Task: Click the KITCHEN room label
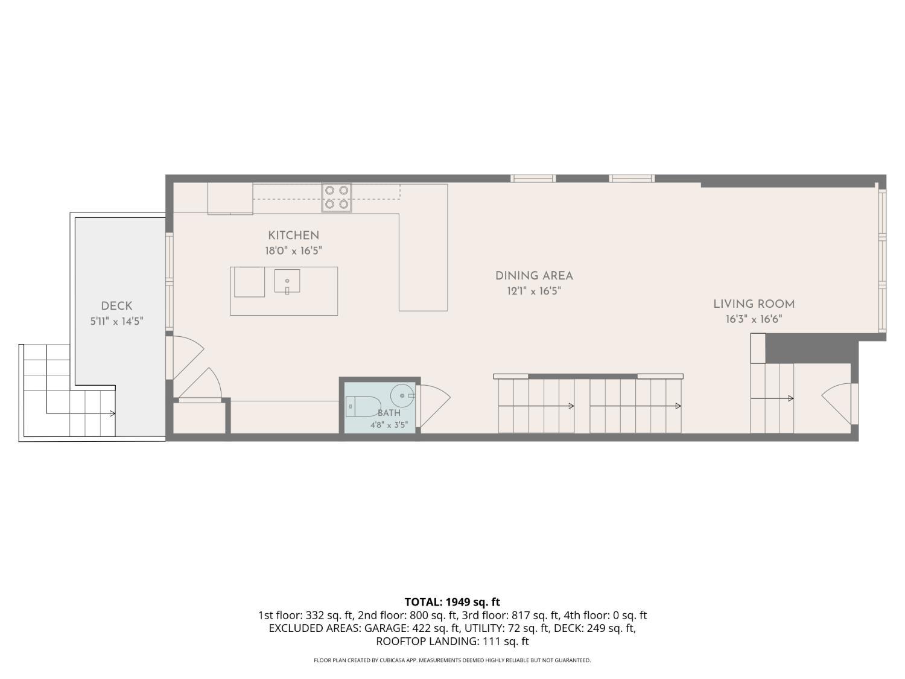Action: coord(293,235)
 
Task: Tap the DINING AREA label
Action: coord(534,276)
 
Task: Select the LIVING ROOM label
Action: coord(754,304)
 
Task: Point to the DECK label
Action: coord(116,306)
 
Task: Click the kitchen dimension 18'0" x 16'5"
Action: coord(293,250)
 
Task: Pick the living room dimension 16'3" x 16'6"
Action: coord(754,319)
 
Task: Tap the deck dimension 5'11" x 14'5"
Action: coord(116,321)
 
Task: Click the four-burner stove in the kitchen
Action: coord(337,197)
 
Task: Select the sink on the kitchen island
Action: coord(287,281)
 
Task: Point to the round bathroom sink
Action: coord(402,395)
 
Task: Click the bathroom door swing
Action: coord(434,406)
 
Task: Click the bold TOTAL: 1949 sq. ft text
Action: coord(453,602)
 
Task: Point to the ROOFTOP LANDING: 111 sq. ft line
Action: coord(453,641)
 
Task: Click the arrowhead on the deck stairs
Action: coord(113,413)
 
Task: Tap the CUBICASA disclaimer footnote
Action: coord(453,660)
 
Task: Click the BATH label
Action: coord(389,413)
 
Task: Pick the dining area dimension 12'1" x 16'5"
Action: coord(534,291)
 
